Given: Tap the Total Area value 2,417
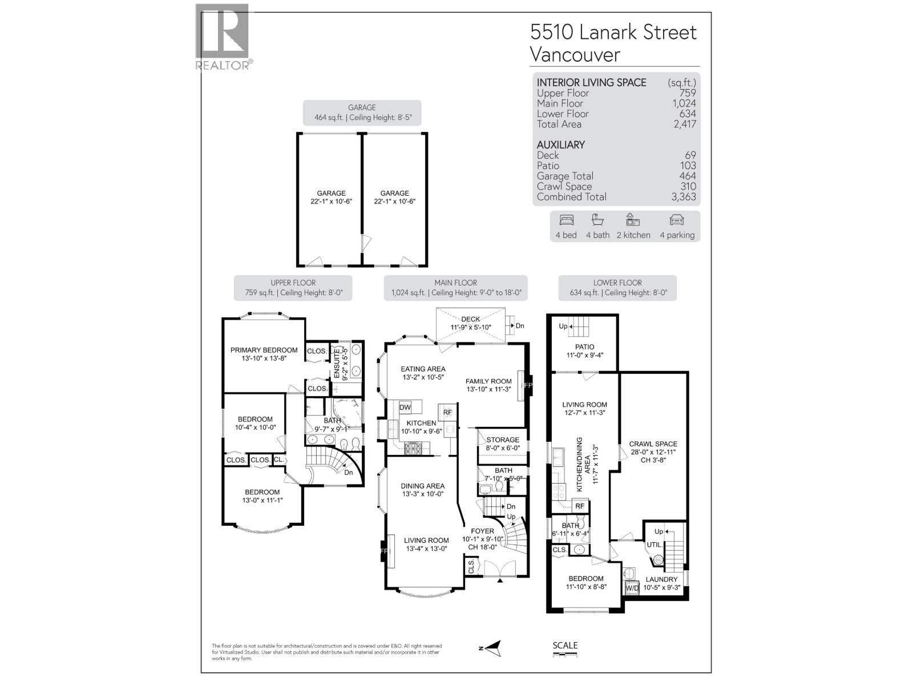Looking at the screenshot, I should pyautogui.click(x=684, y=124).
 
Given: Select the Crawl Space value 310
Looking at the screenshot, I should pyautogui.click(x=688, y=187).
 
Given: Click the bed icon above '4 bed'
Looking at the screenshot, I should pyautogui.click(x=567, y=220).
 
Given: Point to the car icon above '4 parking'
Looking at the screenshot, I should pyautogui.click(x=677, y=220).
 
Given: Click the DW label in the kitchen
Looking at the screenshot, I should pyautogui.click(x=405, y=407).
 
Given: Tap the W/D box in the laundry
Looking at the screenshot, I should pyautogui.click(x=632, y=588).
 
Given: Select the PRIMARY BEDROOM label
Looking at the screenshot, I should pyautogui.click(x=264, y=350).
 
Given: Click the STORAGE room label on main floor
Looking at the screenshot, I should pyautogui.click(x=503, y=440).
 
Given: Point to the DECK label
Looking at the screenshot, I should pyautogui.click(x=471, y=319).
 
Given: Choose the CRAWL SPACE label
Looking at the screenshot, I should pyautogui.click(x=653, y=444).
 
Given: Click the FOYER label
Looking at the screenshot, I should pyautogui.click(x=482, y=531).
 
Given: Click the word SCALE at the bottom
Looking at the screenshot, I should pyautogui.click(x=565, y=646).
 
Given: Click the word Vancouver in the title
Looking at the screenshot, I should pyautogui.click(x=575, y=55).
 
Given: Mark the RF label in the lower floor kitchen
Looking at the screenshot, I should pyautogui.click(x=580, y=506).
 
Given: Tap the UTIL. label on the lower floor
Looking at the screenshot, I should pyautogui.click(x=655, y=545).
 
